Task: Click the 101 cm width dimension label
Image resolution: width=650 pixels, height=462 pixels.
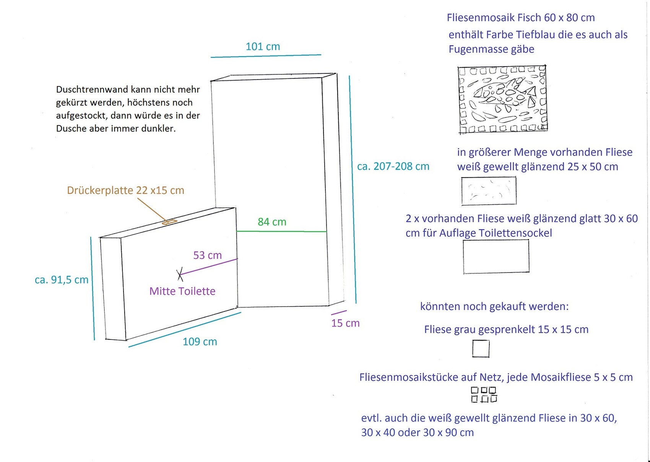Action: click(x=263, y=46)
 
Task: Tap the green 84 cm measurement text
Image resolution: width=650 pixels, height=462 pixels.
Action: click(x=272, y=222)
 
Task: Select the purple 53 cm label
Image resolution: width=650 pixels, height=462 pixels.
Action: click(x=208, y=255)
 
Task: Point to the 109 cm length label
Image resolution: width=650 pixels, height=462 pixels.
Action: click(x=200, y=342)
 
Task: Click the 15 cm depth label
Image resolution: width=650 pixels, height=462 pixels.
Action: click(x=345, y=323)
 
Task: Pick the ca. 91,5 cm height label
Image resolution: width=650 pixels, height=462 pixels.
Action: click(x=62, y=280)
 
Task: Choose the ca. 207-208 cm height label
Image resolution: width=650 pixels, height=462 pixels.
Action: click(x=393, y=167)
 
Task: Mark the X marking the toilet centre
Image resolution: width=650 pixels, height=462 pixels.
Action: click(x=180, y=274)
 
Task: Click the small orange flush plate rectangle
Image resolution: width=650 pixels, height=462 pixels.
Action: click(x=169, y=222)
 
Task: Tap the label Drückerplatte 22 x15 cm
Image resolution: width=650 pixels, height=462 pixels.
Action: click(x=126, y=190)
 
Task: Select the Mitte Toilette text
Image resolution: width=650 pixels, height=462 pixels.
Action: click(x=182, y=291)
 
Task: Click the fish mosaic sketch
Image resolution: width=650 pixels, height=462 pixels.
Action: click(x=502, y=100)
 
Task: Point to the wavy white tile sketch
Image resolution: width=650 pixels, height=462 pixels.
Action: click(x=489, y=191)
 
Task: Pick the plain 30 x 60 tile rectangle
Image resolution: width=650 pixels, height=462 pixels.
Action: click(x=496, y=256)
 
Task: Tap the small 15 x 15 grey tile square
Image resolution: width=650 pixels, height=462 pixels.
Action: click(x=481, y=349)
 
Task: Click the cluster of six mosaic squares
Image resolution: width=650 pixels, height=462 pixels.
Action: click(x=484, y=395)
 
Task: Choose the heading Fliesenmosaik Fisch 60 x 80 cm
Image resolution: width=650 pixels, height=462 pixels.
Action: click(x=521, y=18)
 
